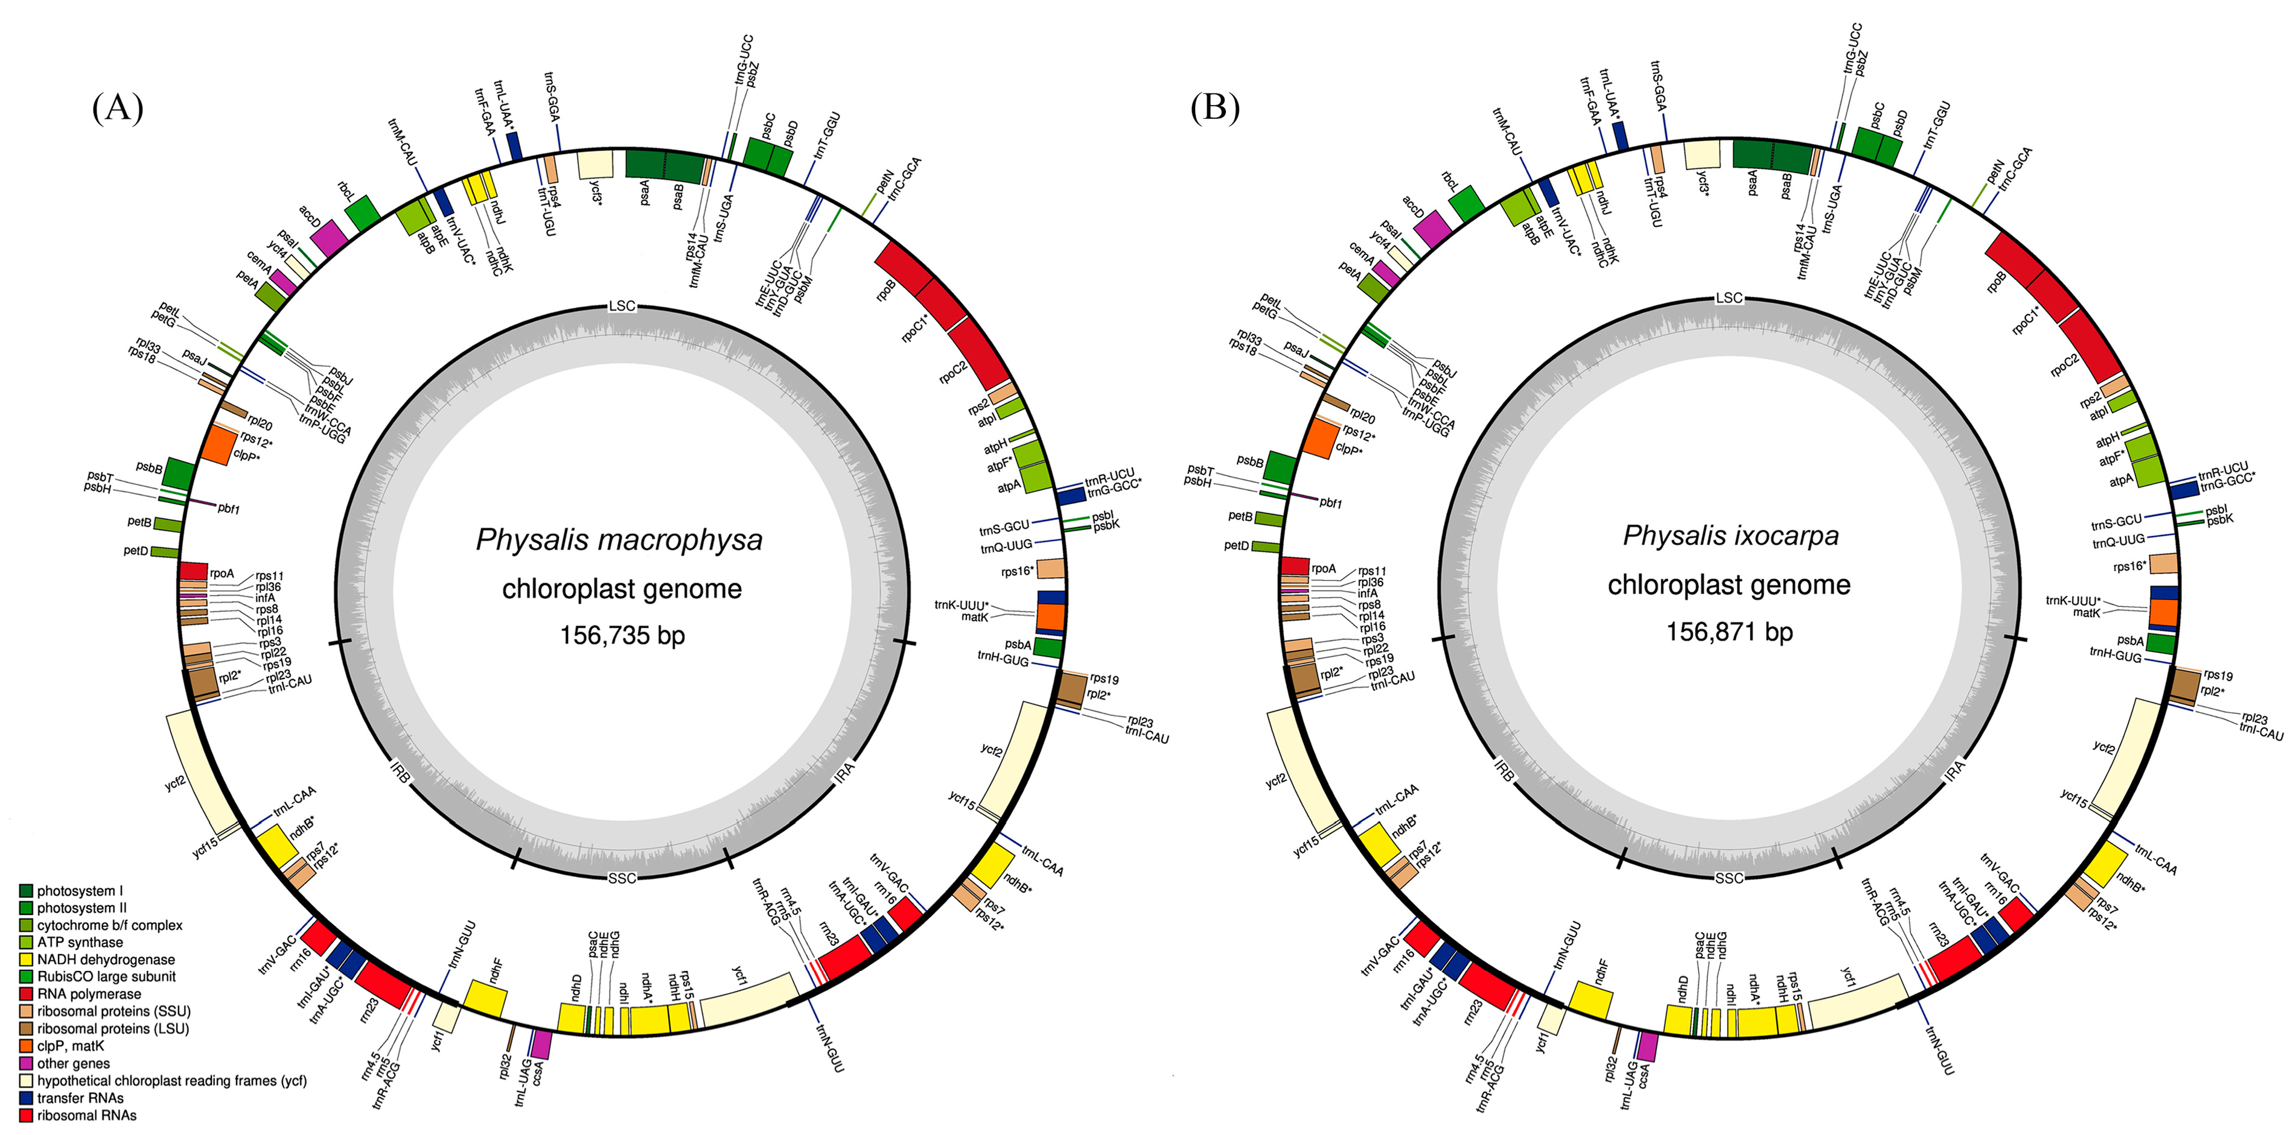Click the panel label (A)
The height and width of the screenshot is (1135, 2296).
click(x=118, y=108)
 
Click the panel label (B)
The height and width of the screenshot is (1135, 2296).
click(x=1215, y=108)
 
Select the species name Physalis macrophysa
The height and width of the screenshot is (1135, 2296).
click(x=619, y=540)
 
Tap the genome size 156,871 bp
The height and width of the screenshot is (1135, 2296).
click(x=1729, y=631)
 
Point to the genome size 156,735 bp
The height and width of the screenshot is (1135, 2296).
click(x=622, y=635)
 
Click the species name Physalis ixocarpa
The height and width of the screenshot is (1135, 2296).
click(x=1730, y=536)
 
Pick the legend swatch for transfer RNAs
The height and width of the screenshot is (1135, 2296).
click(x=26, y=1098)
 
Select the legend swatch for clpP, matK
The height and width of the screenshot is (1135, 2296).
click(x=26, y=1046)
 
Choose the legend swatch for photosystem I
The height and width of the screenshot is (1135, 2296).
click(x=26, y=891)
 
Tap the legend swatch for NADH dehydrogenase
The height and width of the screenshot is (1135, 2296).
click(x=26, y=960)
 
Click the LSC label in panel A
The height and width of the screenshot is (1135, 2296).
click(x=622, y=306)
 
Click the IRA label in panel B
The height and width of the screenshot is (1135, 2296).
click(x=1954, y=771)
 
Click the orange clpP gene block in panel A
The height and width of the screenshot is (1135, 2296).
click(x=217, y=444)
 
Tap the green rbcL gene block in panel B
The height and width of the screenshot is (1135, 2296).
click(x=1466, y=204)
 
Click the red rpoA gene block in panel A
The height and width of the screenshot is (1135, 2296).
click(x=193, y=570)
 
